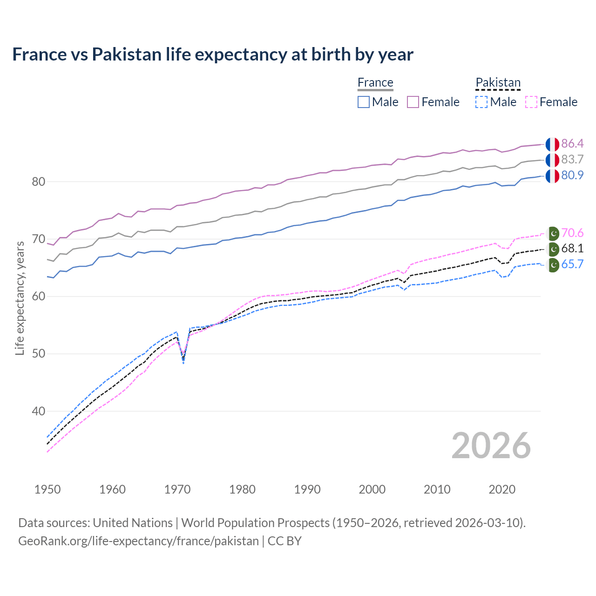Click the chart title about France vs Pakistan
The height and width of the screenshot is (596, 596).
213,54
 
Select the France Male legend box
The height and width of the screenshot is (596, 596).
364,102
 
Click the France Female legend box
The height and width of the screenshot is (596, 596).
413,102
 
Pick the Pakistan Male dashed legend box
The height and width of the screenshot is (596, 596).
481,102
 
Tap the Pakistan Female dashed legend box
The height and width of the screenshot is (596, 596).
531,102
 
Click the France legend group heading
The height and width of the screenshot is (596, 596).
375,82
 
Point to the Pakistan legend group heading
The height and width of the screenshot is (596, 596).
498,82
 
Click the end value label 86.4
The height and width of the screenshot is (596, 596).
572,143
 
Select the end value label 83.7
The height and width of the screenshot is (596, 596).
572,159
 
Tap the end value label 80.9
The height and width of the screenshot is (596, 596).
572,175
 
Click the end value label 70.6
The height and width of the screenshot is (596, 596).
572,233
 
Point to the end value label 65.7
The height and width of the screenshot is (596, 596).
572,264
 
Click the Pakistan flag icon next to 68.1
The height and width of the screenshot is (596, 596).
553,249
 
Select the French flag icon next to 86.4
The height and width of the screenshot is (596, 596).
552,144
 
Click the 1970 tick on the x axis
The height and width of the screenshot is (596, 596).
177,489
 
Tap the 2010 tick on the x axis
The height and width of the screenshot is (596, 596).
437,489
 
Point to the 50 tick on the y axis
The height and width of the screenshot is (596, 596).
39,354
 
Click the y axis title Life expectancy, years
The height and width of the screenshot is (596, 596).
20,298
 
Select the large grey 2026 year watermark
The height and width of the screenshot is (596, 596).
491,446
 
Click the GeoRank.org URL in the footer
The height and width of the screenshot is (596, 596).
138,541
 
